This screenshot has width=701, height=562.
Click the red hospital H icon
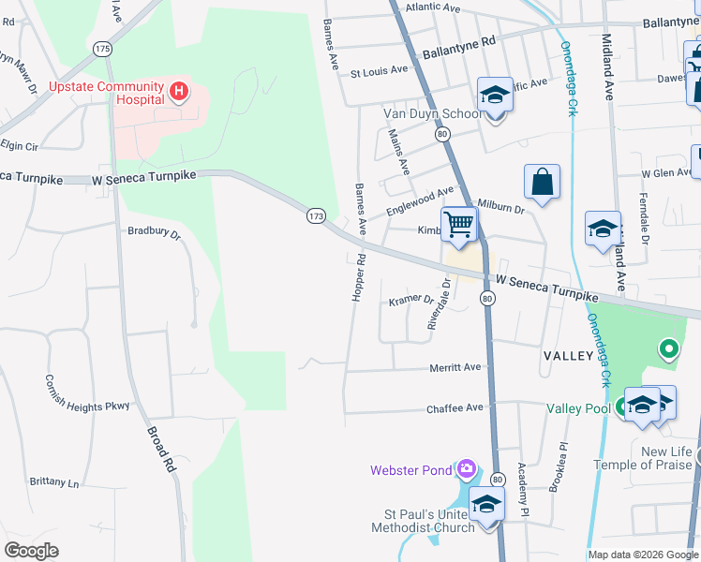179,92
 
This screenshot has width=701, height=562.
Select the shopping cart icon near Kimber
458,224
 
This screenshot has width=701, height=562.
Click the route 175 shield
103,48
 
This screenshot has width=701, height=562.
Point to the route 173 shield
315,216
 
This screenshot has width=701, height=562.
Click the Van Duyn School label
432,114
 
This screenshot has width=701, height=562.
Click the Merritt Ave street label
455,368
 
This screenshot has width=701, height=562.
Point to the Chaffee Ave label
455,408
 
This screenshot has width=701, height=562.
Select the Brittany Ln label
54,482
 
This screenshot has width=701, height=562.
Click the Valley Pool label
578,408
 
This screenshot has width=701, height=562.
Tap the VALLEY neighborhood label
568,356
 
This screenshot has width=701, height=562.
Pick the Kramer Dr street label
411,302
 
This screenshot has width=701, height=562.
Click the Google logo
32,551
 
